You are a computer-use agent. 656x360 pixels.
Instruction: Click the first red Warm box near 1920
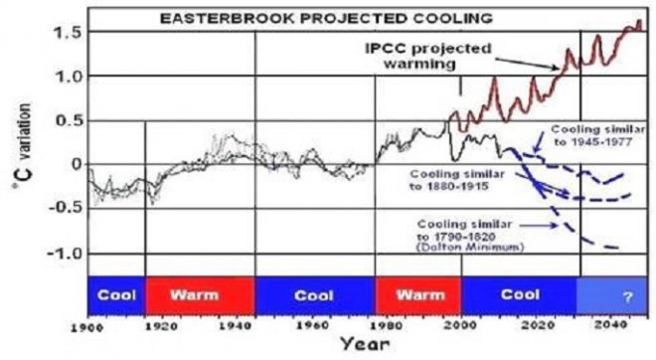pyautogui.click(x=200, y=294)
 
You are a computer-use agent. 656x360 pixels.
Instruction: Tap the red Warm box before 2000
pyautogui.click(x=417, y=294)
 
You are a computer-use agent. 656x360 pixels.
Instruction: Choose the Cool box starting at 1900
pyautogui.click(x=116, y=294)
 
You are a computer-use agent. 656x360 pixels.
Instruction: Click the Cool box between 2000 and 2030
pyautogui.click(x=519, y=294)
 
